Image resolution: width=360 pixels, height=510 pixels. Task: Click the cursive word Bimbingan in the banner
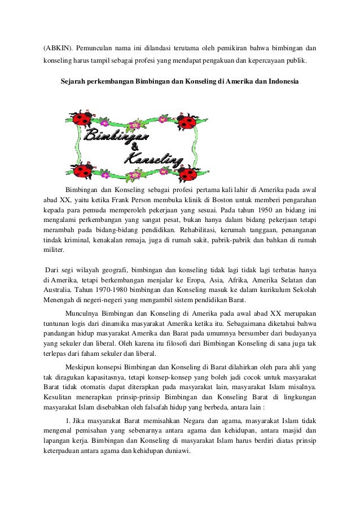(116, 136)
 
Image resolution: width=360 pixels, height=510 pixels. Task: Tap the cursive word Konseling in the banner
(154, 160)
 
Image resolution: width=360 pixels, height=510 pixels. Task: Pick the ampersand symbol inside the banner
(135, 149)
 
